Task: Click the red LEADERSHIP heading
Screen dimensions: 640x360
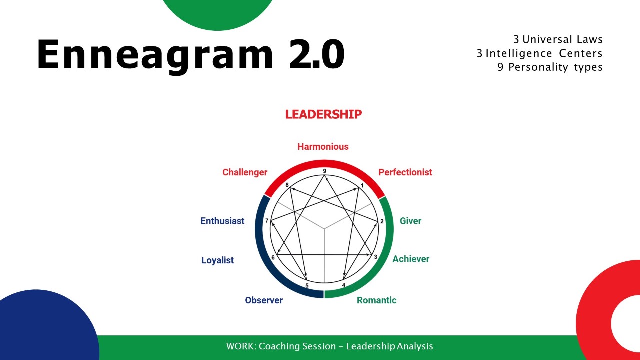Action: (323, 114)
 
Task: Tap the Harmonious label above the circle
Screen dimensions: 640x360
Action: (323, 147)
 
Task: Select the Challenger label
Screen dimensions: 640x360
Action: (245, 172)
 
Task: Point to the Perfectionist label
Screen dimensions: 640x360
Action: (405, 172)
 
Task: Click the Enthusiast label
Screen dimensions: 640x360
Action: (222, 221)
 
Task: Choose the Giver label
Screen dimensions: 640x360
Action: (410, 221)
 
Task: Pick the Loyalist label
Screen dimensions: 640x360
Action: (217, 260)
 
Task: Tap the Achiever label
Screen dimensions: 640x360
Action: (411, 259)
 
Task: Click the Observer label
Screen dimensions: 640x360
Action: (264, 300)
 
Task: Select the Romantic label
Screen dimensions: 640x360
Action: (376, 300)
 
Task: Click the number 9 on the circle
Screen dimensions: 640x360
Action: (324, 171)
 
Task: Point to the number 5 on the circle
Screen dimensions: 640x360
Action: (307, 285)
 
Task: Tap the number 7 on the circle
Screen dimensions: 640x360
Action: (267, 221)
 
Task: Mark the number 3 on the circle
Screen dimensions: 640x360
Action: (375, 257)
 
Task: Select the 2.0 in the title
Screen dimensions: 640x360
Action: (317, 54)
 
